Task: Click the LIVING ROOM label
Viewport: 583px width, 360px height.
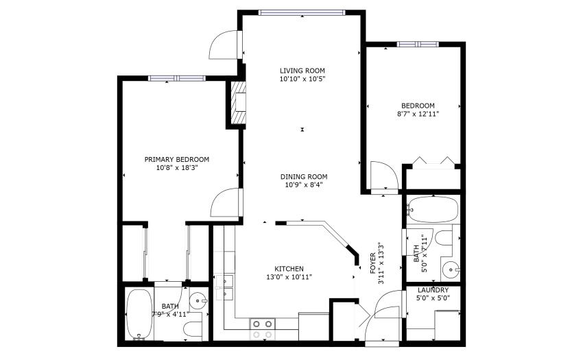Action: click(302, 71)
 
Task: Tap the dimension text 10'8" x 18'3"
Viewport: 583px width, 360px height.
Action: click(176, 168)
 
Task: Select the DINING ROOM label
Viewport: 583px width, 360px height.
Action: click(304, 177)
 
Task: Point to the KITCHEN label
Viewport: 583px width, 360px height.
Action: click(289, 269)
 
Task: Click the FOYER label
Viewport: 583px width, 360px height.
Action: click(373, 264)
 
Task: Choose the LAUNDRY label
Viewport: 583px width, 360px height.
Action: click(433, 290)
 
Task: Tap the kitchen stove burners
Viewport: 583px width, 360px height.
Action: click(263, 330)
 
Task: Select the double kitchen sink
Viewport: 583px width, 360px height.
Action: click(224, 287)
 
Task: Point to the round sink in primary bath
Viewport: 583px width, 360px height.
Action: click(198, 300)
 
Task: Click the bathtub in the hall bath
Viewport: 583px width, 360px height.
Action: click(432, 209)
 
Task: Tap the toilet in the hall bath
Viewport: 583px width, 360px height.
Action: click(443, 238)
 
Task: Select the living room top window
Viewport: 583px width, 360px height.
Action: click(302, 12)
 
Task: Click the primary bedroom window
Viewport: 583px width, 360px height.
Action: click(176, 78)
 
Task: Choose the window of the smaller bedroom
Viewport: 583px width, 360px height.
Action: click(418, 45)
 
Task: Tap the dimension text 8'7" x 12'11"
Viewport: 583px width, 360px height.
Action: click(418, 114)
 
